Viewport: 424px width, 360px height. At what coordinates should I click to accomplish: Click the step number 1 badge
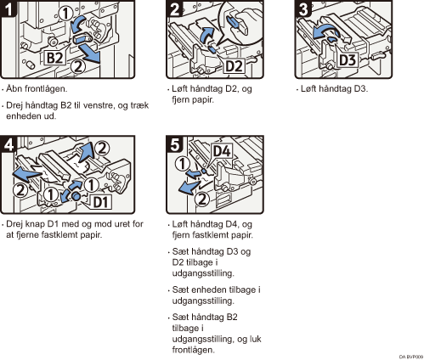[8, 8]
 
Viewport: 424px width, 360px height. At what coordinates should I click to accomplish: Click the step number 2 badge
[174, 8]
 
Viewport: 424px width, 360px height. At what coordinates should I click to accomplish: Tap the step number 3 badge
[303, 8]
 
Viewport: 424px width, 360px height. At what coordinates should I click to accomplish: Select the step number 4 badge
[8, 144]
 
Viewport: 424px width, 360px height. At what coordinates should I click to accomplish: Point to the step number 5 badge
[174, 144]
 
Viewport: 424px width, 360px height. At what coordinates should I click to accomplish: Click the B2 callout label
[54, 58]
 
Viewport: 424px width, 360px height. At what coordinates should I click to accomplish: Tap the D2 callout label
[234, 66]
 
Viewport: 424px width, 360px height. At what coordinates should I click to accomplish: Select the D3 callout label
[348, 60]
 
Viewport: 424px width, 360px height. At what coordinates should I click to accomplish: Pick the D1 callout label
[101, 202]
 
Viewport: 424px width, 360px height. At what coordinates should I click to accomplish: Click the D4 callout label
[222, 151]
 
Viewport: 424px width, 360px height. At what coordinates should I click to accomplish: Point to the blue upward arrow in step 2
[206, 35]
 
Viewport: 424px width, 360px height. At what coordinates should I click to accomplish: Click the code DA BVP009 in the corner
[411, 357]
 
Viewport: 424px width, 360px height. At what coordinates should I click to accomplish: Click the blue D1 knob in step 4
[76, 195]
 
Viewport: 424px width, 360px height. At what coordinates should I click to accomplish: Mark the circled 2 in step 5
[201, 200]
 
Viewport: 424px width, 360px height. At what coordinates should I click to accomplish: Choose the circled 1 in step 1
[65, 14]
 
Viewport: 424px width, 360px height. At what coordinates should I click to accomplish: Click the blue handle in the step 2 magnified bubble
[234, 21]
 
